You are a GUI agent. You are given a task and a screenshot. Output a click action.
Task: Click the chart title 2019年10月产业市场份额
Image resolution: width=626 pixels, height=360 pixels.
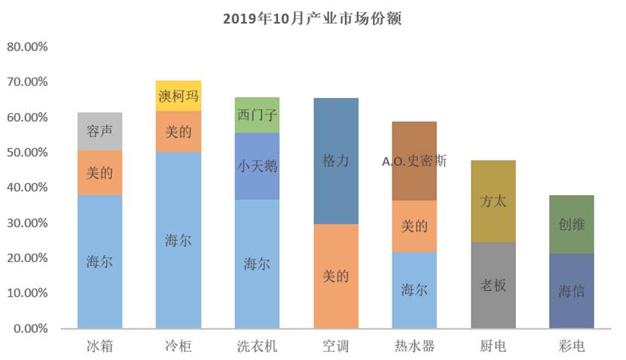[312, 18]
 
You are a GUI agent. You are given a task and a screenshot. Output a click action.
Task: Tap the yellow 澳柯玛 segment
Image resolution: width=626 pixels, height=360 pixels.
[179, 96]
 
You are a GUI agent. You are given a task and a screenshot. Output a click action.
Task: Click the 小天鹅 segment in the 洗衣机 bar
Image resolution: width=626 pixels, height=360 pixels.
[257, 166]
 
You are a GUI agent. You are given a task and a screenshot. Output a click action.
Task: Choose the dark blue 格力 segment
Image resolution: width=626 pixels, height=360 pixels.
[335, 160]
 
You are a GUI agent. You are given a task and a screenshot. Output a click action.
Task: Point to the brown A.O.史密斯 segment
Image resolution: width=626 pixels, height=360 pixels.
[414, 160]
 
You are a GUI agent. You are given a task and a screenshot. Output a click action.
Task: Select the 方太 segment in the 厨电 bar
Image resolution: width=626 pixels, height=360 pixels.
[493, 201]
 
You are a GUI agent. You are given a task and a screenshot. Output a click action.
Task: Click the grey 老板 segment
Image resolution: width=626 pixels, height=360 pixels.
[493, 285]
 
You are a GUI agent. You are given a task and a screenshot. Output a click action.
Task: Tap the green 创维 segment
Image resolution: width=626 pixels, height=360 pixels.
[571, 224]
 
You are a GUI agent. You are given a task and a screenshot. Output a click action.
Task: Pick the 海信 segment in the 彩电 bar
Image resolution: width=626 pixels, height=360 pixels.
[571, 291]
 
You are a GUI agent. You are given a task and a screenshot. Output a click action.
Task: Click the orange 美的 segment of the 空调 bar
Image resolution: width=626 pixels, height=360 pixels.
[335, 276]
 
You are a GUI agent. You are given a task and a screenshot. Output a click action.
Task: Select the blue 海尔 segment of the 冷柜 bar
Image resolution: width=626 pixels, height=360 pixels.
[179, 240]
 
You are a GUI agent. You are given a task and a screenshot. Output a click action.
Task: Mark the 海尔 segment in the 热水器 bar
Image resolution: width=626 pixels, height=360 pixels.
[414, 290]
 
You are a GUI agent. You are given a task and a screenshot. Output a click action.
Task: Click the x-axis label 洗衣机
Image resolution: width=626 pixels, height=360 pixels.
[257, 346]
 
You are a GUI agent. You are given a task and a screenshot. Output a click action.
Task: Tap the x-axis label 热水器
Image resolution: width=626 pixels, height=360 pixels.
[414, 346]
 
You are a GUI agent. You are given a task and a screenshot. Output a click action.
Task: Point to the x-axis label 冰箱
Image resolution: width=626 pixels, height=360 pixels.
[99, 346]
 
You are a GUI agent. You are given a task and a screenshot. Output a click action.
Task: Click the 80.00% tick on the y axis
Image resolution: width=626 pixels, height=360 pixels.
[27, 47]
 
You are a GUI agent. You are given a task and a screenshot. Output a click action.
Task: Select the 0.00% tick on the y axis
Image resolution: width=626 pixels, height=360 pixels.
[30, 328]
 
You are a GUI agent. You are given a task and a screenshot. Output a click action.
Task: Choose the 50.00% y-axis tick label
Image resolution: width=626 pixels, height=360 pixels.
[27, 152]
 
